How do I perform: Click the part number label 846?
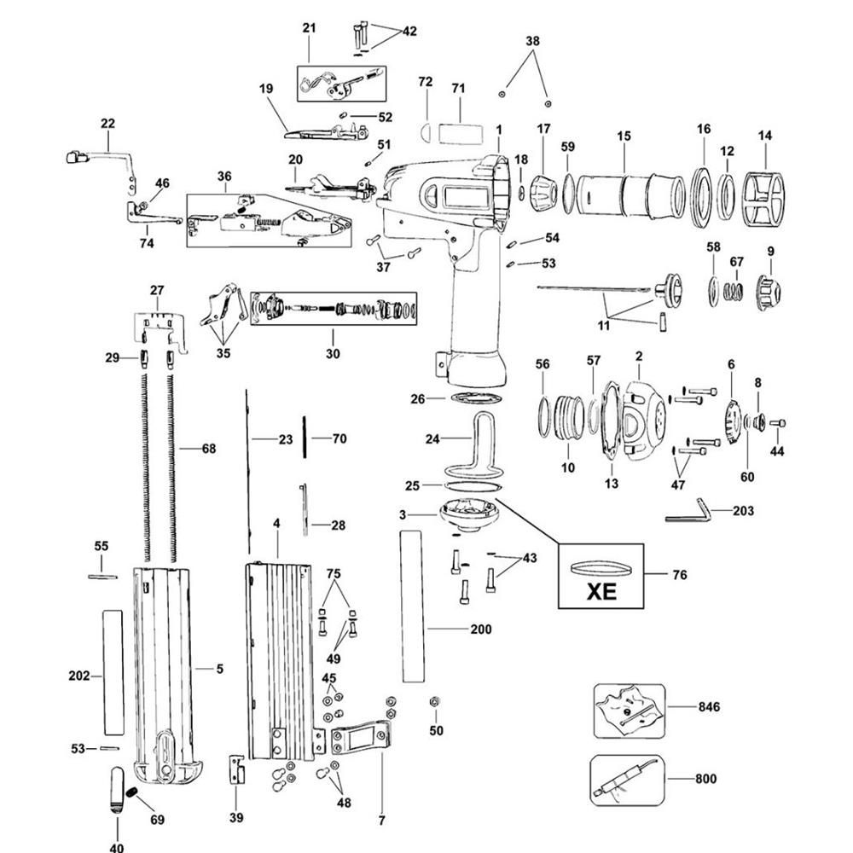point(708,706)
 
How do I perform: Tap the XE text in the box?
point(601,589)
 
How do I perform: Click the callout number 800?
point(705,778)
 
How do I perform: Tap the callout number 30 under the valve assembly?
point(333,353)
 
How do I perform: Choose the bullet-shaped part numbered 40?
point(118,793)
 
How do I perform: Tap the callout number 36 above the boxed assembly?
point(224,177)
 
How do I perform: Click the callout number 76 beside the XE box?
point(679,575)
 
